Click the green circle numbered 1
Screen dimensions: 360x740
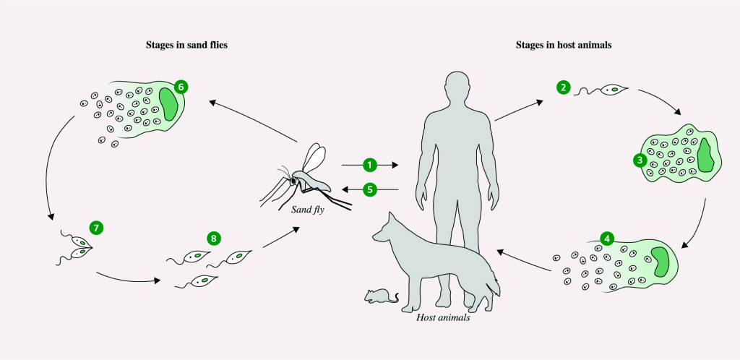tap(370, 166)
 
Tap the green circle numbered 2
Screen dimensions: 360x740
tap(563, 87)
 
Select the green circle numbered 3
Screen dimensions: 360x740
tap(639, 160)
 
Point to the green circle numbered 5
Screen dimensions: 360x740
tap(370, 189)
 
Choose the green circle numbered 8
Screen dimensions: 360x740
tap(212, 238)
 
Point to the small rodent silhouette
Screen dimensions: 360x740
tap(380, 296)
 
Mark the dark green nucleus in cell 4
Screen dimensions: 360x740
tap(659, 261)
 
